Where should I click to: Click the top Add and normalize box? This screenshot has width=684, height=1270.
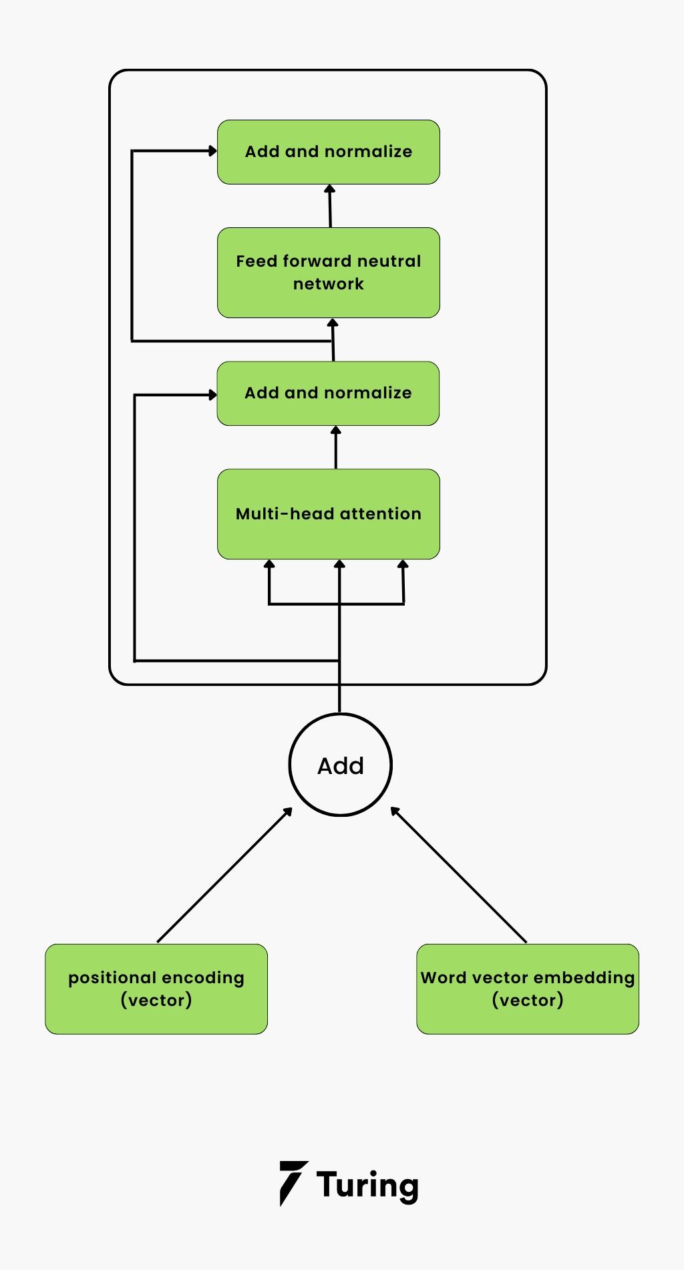tap(328, 152)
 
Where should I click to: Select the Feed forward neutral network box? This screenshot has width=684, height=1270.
tap(328, 272)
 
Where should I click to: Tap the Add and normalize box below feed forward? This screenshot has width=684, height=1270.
tap(328, 393)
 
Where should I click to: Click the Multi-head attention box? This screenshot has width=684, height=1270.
tap(328, 513)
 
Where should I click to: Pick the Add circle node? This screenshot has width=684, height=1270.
tap(340, 765)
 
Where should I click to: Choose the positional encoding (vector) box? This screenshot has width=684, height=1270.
tap(156, 989)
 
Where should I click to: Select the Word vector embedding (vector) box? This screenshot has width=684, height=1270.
tap(527, 989)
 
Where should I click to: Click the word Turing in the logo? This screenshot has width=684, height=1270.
tap(367, 1184)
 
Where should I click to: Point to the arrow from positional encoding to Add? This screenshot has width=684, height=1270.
tap(224, 876)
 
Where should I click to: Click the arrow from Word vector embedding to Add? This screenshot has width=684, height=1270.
tap(459, 876)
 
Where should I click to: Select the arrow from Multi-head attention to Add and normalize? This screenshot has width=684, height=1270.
tap(336, 448)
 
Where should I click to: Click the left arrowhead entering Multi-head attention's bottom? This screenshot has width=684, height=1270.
tap(269, 565)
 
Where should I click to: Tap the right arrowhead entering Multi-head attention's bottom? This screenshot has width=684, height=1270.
tap(403, 565)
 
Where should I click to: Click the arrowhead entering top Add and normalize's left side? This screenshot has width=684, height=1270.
tap(212, 151)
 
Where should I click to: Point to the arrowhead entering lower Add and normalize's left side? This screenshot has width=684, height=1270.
tap(212, 395)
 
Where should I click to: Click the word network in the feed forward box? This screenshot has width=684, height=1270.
tap(328, 284)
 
